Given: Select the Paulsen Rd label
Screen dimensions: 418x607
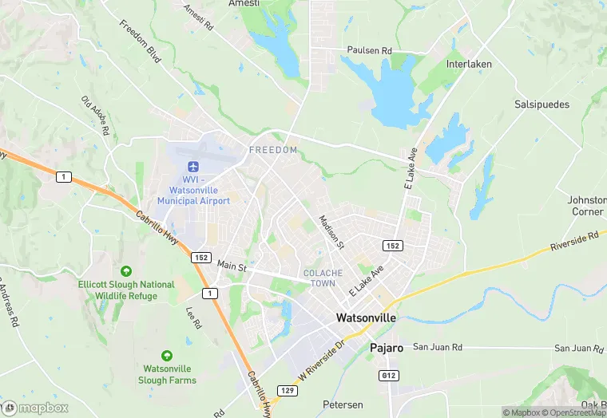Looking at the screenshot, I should coord(369,50).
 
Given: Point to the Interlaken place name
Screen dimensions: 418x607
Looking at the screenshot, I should coord(469,64).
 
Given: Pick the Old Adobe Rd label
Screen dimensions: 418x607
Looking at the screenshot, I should coord(95,115).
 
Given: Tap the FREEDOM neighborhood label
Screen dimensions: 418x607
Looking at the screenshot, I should coord(273,150).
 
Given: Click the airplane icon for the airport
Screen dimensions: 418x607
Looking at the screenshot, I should coord(192,166).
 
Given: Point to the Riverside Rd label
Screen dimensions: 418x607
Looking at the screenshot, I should coord(574,243).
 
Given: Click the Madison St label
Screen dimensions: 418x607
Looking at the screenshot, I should coord(330,232).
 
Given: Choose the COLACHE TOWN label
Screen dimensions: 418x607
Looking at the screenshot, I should coord(323,278).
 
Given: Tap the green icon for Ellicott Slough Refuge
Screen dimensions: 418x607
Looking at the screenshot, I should coord(126,272).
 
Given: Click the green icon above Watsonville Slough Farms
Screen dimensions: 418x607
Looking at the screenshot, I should coord(166,356).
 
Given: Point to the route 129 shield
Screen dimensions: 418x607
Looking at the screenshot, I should coord(288,390).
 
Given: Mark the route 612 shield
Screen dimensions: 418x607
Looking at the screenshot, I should coord(387,374).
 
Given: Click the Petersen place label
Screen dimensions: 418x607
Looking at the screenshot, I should coord(343,405).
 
